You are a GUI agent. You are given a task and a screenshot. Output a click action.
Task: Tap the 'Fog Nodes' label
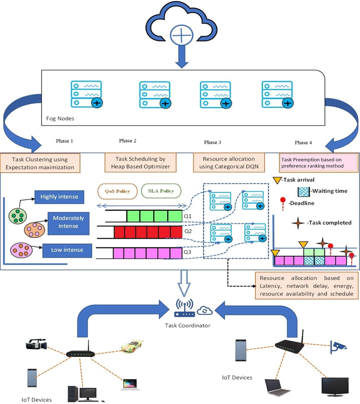tap(60, 118)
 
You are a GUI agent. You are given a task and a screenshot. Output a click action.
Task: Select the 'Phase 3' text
tap(213, 142)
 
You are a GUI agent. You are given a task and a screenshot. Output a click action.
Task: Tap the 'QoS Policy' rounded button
tap(117, 191)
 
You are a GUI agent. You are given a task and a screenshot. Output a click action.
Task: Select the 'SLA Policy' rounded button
tap(161, 191)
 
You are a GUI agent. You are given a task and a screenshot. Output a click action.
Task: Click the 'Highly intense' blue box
tap(62, 197)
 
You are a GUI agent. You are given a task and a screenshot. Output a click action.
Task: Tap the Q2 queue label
tap(187, 232)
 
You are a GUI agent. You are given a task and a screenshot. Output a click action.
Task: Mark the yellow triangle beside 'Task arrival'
tap(277, 180)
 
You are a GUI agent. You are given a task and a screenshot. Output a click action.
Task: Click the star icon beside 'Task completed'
tap(299, 223)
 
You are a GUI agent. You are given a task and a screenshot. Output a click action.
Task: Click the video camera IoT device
tap(36, 344)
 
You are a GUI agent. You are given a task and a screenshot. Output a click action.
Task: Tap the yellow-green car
tap(132, 346)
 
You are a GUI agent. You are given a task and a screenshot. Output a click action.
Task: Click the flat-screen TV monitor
tap(335, 386)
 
